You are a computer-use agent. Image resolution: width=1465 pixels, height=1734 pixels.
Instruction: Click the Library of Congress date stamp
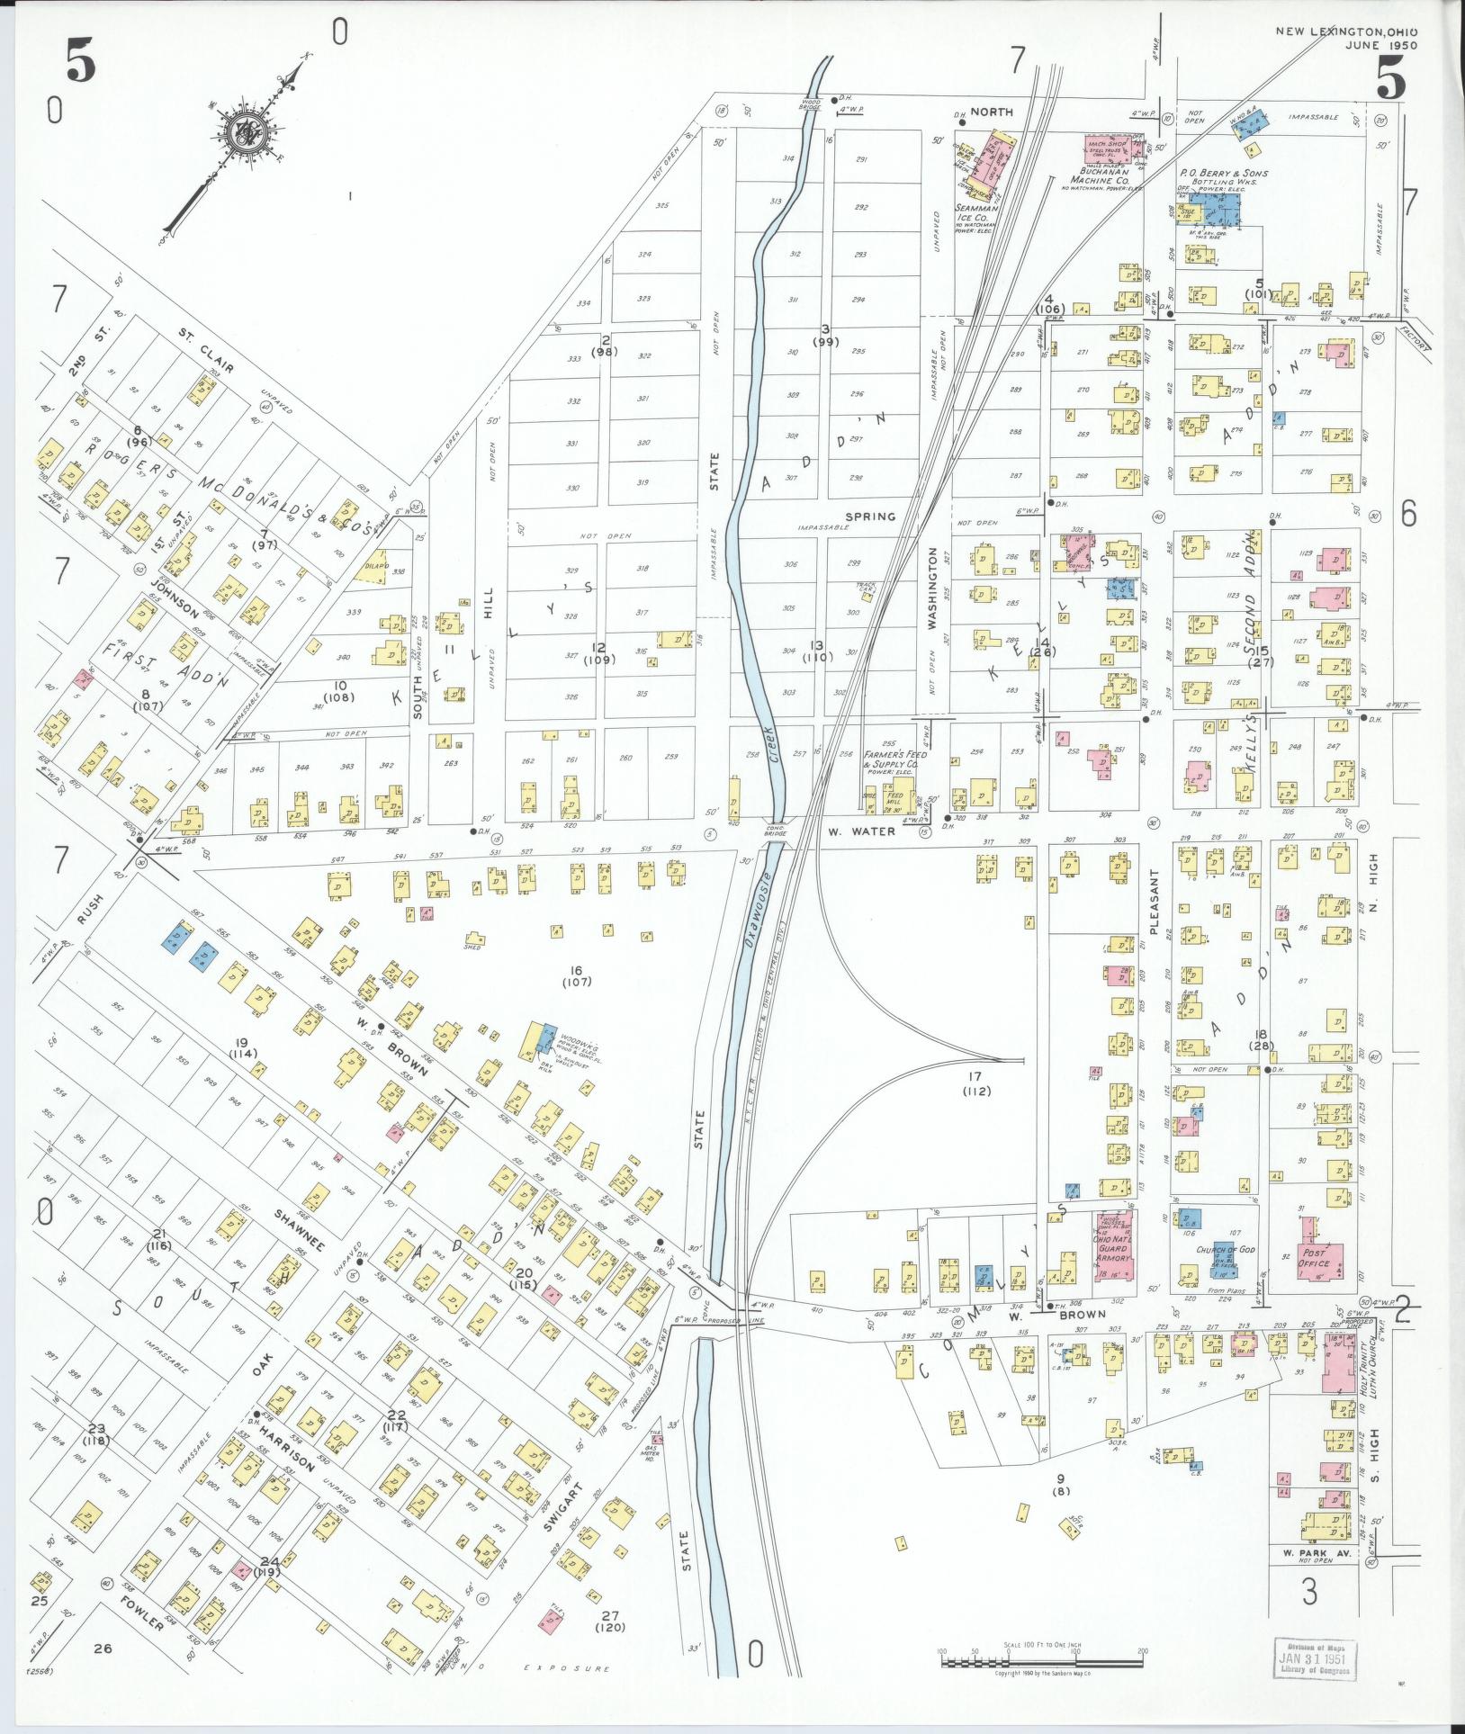point(1316,1658)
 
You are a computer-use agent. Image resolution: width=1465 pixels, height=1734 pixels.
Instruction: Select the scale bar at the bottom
point(1042,1661)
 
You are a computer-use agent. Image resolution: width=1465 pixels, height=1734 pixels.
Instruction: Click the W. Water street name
point(861,831)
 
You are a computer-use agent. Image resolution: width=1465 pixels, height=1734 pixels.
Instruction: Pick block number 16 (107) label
point(576,975)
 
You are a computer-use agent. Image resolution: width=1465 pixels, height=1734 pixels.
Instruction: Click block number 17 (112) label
point(975,1083)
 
